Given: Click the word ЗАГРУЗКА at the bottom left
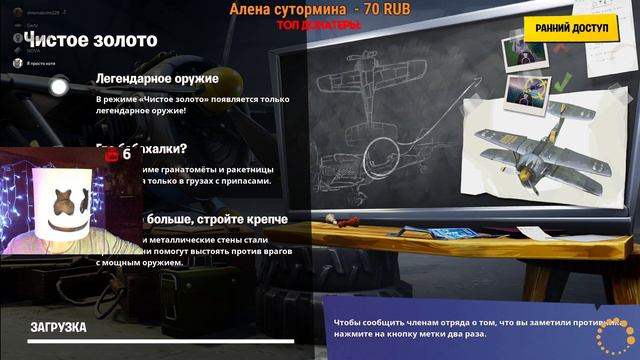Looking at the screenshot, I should (x=58, y=327).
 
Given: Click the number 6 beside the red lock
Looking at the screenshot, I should (x=127, y=155).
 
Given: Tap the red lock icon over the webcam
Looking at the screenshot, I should (x=112, y=155).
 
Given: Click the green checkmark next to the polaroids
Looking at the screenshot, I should (x=563, y=80).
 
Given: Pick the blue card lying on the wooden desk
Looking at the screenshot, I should (x=449, y=233).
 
